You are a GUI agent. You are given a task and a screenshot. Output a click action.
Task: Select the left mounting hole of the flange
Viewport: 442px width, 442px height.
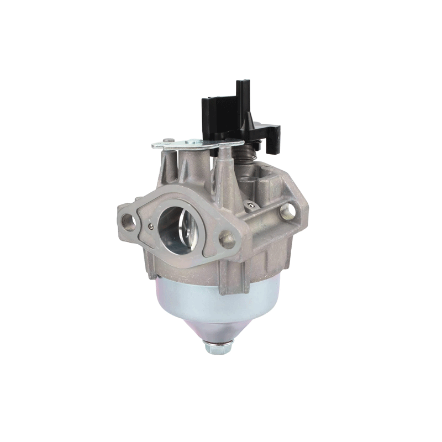click(129, 222)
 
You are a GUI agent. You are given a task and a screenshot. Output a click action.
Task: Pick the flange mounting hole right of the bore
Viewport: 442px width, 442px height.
click(227, 239)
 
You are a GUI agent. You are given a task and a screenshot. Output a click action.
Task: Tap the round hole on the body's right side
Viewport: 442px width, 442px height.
click(287, 210)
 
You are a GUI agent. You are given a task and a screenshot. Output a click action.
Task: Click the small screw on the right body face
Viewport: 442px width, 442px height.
click(252, 205)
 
